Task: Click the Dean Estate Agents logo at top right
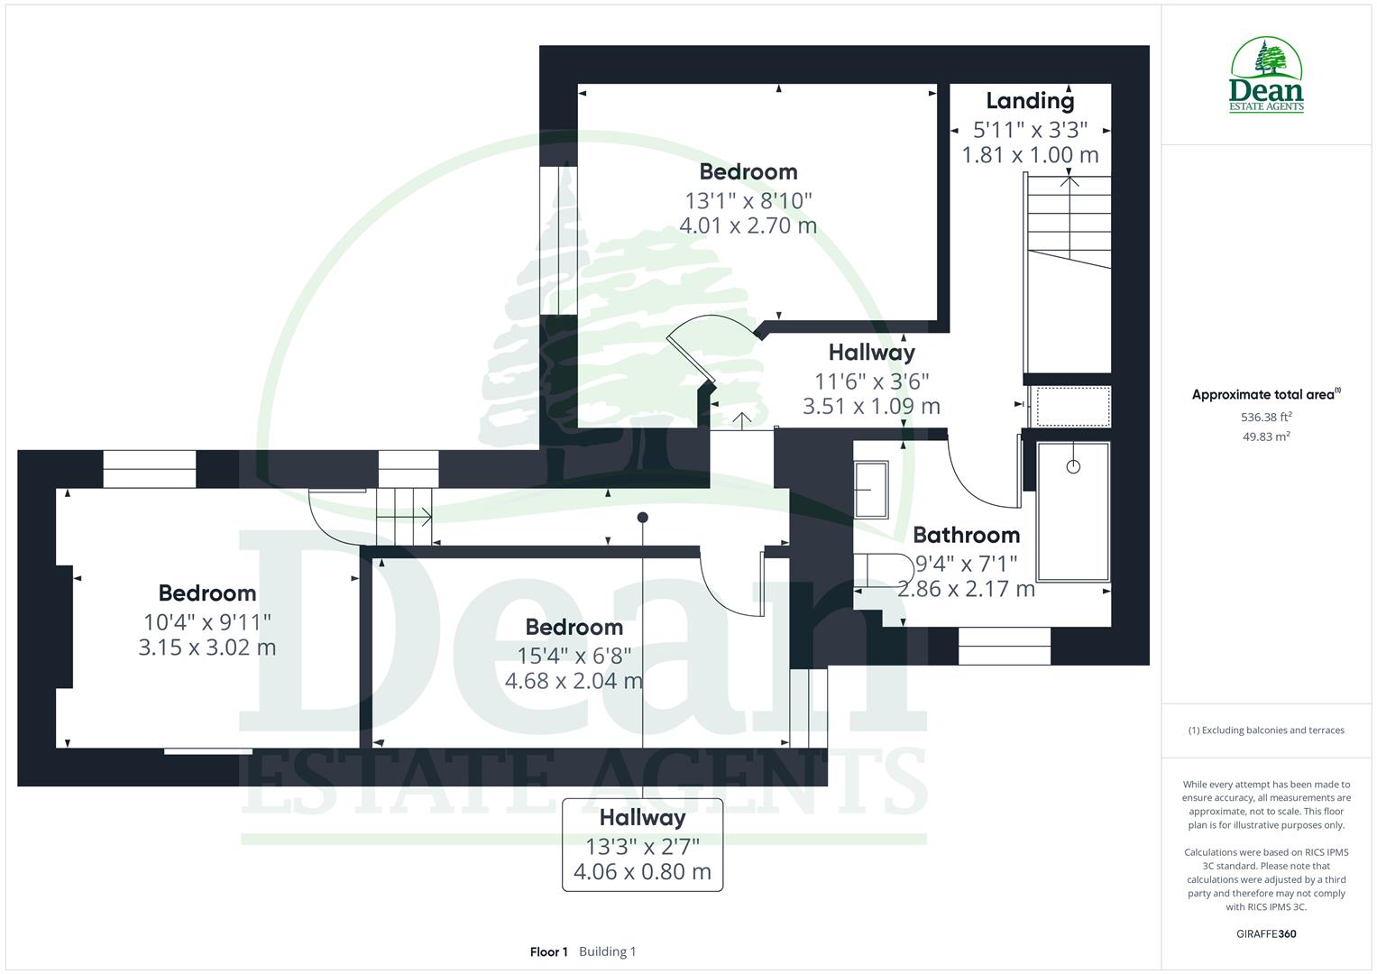tap(1266, 76)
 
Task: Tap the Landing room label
tap(1030, 101)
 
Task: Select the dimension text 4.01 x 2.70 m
tap(748, 225)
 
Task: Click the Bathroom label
tap(966, 535)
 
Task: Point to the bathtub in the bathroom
tap(1072, 510)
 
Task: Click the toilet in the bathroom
tap(882, 571)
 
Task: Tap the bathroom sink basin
tap(871, 490)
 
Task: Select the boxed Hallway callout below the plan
tap(642, 844)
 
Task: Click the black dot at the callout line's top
tap(642, 518)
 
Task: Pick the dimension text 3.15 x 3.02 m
tap(207, 648)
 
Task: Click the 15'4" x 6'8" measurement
tap(574, 655)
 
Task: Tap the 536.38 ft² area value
tap(1266, 417)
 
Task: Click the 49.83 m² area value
tap(1266, 436)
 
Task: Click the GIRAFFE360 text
tap(1266, 933)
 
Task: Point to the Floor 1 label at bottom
tap(548, 951)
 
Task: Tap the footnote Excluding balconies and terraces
tap(1266, 730)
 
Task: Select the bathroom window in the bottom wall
tap(1004, 646)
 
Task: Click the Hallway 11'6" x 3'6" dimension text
tap(871, 381)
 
